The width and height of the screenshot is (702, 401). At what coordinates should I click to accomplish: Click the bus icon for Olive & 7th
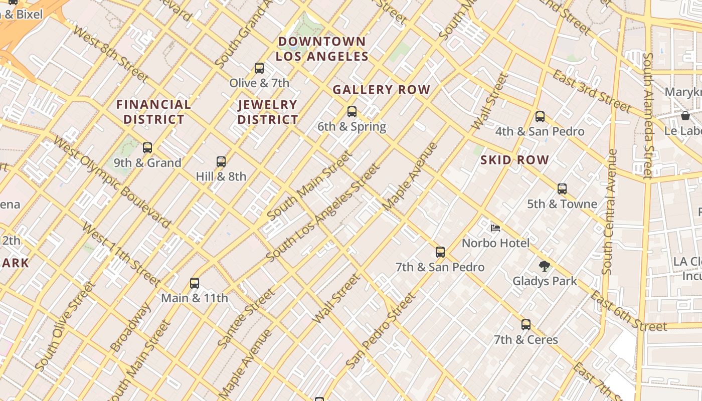pyautogui.click(x=259, y=68)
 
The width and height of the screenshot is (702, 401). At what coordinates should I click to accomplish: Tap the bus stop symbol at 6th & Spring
pyautogui.click(x=352, y=112)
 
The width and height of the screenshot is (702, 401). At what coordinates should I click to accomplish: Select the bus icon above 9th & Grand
pyautogui.click(x=147, y=148)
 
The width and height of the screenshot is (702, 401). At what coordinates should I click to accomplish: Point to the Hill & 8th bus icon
pyautogui.click(x=221, y=162)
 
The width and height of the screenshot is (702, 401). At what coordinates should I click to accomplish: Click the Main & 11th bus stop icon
pyautogui.click(x=195, y=283)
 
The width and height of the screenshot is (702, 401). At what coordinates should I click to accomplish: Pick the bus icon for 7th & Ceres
pyautogui.click(x=525, y=325)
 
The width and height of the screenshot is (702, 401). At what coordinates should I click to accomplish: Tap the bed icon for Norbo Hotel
pyautogui.click(x=495, y=228)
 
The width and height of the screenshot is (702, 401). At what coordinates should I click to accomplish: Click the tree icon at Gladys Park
pyautogui.click(x=545, y=266)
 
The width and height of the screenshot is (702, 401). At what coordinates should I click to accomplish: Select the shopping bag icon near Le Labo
pyautogui.click(x=685, y=116)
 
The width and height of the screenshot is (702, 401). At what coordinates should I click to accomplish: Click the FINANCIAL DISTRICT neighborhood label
pyautogui.click(x=153, y=112)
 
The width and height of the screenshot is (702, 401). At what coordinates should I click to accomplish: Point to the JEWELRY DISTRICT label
pyautogui.click(x=268, y=112)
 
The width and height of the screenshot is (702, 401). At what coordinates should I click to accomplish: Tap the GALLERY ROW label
pyautogui.click(x=382, y=90)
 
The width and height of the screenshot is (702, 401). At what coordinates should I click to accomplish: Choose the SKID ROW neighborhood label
pyautogui.click(x=514, y=160)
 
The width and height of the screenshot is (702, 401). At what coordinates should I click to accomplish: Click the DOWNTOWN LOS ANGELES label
pyautogui.click(x=322, y=49)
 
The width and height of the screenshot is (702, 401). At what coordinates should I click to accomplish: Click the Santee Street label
pyautogui.click(x=246, y=318)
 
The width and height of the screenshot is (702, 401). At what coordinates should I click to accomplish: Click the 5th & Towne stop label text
pyautogui.click(x=562, y=204)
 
